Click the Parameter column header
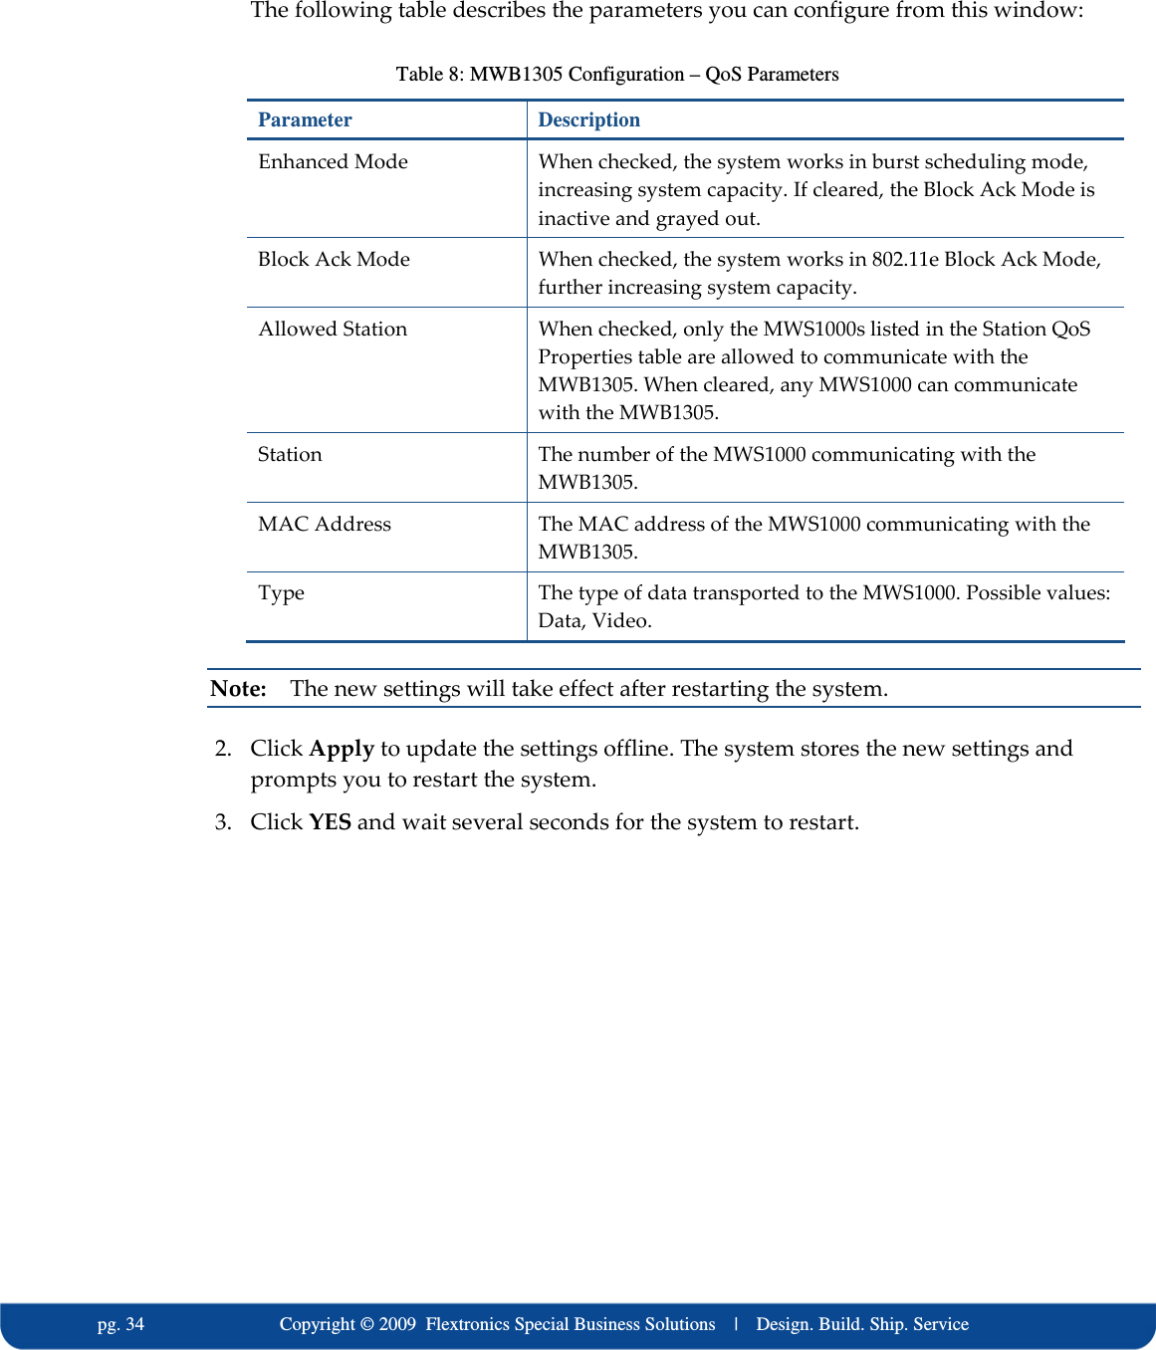pyautogui.click(x=305, y=119)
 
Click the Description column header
pyautogui.click(x=588, y=119)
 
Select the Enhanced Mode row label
pyautogui.click(x=333, y=161)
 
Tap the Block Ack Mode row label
pyautogui.click(x=334, y=259)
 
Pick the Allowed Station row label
pyautogui.click(x=333, y=329)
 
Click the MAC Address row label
pyautogui.click(x=325, y=524)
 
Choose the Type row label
pyautogui.click(x=281, y=593)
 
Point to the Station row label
pyautogui.click(x=290, y=454)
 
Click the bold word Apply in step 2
pyautogui.click(x=342, y=749)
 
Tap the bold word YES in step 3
pyautogui.click(x=330, y=822)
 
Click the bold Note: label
pyautogui.click(x=238, y=689)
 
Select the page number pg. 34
pyautogui.click(x=120, y=1324)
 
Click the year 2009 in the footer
pyautogui.click(x=397, y=1324)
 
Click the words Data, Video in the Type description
pyautogui.click(x=594, y=621)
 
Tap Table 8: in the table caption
pyautogui.click(x=429, y=75)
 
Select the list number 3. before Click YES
pyautogui.click(x=223, y=822)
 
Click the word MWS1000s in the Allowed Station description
pyautogui.click(x=813, y=329)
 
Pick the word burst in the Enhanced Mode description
pyautogui.click(x=898, y=161)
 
